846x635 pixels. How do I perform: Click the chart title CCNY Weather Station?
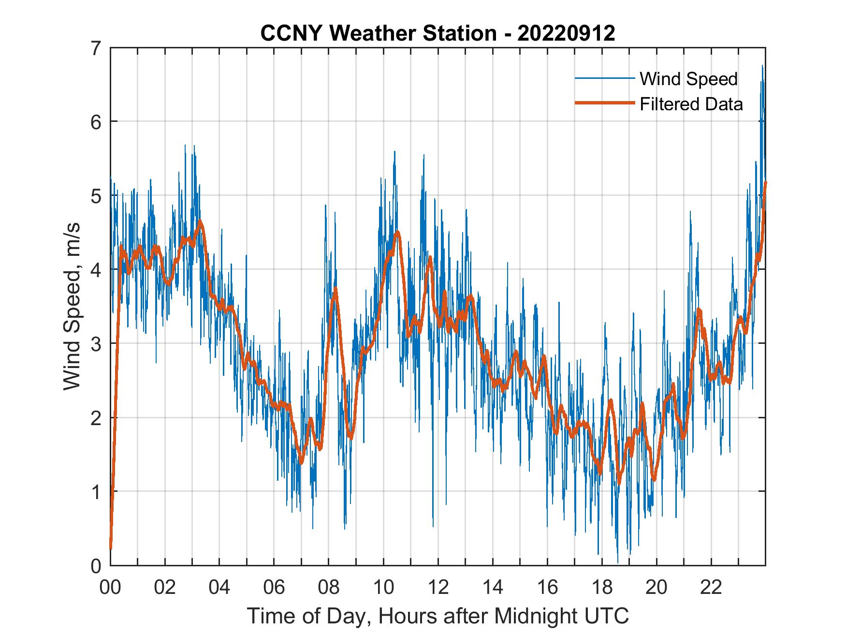click(378, 33)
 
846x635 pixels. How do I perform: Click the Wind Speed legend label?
click(688, 79)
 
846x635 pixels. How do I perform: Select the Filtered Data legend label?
click(691, 104)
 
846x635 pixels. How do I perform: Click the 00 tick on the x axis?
click(110, 588)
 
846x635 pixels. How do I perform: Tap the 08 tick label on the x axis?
click(329, 588)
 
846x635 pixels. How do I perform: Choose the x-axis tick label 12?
click(438, 588)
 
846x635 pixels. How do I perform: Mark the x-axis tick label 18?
click(602, 588)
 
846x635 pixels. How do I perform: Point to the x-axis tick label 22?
click(711, 588)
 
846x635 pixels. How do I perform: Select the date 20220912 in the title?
click(566, 33)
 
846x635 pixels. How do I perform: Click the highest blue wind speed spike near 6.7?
click(762, 66)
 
